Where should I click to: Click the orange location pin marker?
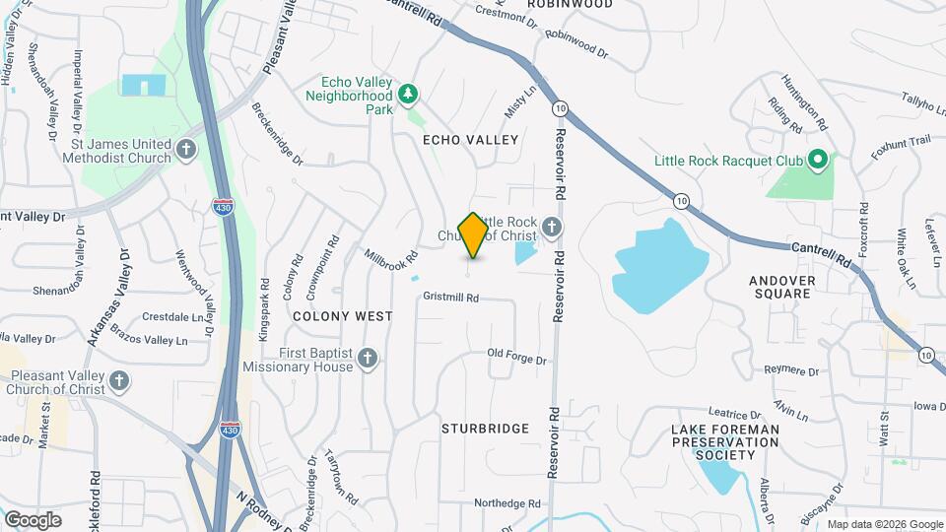pos(474,235)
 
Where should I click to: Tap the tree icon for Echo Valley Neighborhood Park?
pos(408,95)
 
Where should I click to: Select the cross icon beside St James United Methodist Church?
pos(186,151)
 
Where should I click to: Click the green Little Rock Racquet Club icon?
pos(816,160)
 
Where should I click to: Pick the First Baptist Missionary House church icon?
pos(368,358)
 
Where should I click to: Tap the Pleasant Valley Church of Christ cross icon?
pos(119,379)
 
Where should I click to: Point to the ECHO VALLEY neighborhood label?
pos(470,140)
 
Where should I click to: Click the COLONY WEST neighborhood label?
pos(343,316)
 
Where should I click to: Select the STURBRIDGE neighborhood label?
pos(485,429)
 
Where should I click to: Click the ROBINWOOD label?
pos(570,4)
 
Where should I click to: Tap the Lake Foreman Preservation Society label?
pos(724,441)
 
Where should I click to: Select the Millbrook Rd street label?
pos(391,260)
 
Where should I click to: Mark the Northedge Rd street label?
pos(507,503)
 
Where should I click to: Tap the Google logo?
pos(33,519)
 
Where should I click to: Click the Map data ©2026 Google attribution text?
pos(884,524)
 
